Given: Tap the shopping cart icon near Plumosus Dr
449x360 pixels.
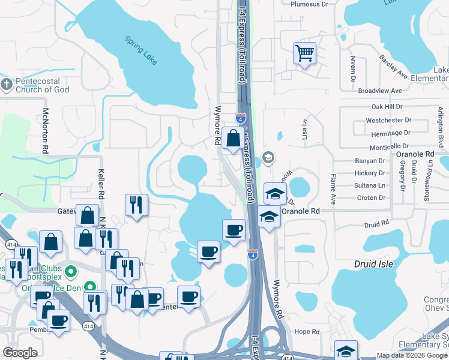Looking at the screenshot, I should (304, 53).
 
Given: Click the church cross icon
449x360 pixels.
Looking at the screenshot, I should (6, 85).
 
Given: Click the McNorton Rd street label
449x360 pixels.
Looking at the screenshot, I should (46, 130).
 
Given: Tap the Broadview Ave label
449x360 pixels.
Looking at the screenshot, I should (379, 91).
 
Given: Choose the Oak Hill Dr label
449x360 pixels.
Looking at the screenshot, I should (387, 107).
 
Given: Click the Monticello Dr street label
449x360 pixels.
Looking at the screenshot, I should (388, 146).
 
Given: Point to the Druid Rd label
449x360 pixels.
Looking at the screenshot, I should (377, 224).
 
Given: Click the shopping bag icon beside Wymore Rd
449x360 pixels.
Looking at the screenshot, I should (232, 139).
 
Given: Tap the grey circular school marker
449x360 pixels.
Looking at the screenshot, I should (268, 159).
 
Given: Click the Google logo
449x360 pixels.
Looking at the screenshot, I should (20, 353).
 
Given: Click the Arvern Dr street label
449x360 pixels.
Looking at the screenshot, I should (353, 70).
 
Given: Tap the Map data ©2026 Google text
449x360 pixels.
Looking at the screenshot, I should (409, 355).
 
